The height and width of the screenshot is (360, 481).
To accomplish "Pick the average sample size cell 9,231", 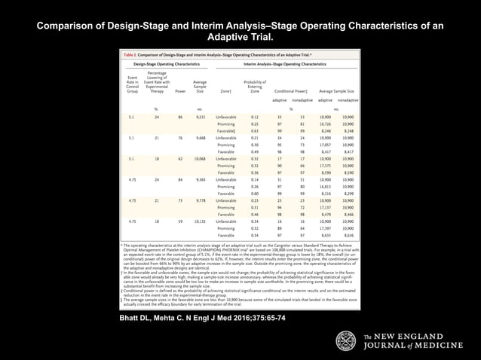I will [200, 118].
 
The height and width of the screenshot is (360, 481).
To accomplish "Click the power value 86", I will [180, 118].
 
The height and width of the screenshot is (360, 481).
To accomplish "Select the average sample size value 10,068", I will [200, 160].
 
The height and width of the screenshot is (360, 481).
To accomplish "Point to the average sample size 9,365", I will [200, 180].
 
